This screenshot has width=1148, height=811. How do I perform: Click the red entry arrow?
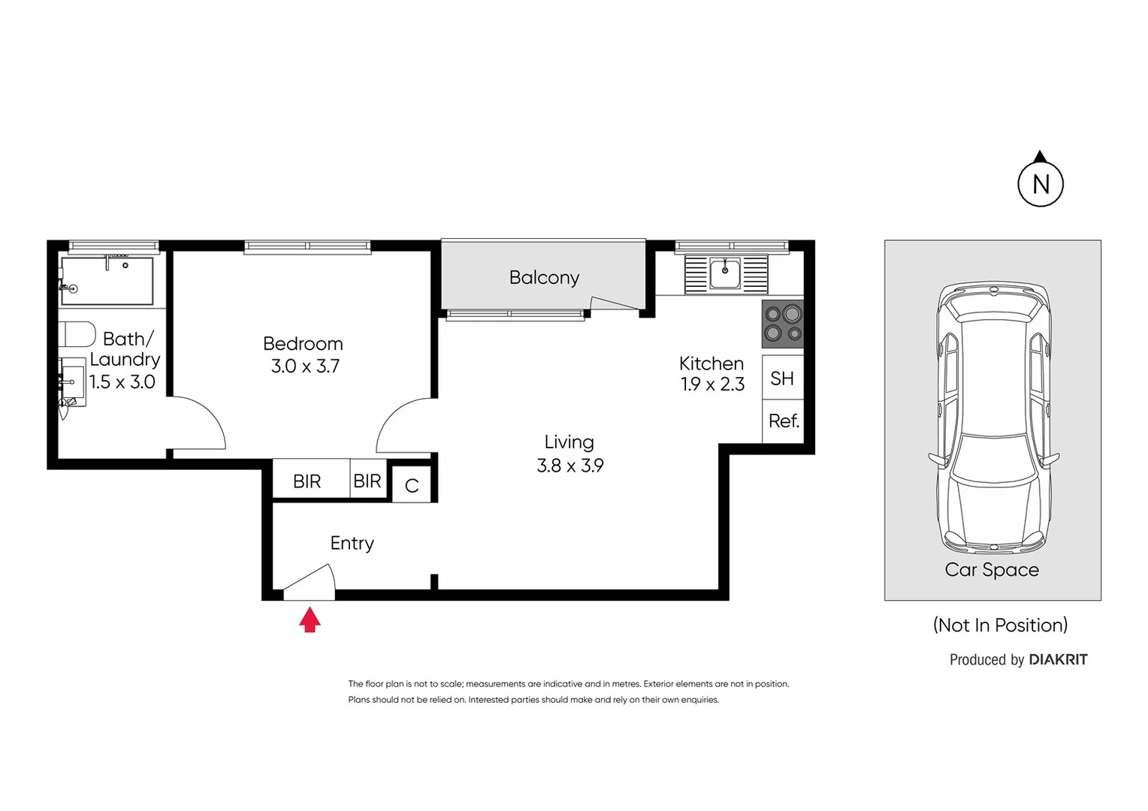(x=310, y=620)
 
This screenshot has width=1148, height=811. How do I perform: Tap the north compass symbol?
(x=1040, y=182)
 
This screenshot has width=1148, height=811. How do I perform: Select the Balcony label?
(x=544, y=278)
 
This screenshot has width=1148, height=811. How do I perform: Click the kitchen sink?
(x=725, y=274)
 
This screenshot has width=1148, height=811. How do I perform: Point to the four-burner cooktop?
(x=783, y=324)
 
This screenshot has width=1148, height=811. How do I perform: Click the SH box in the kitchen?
(x=782, y=378)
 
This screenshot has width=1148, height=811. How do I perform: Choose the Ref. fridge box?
(x=783, y=421)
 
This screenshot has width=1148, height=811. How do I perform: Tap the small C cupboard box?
(x=411, y=485)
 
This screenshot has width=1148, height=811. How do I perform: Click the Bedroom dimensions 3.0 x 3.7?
(x=305, y=366)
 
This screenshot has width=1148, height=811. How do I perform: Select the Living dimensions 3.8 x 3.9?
(x=569, y=466)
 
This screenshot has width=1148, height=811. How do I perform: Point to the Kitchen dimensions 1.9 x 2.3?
(x=711, y=384)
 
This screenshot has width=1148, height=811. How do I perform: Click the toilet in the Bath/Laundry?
(x=77, y=334)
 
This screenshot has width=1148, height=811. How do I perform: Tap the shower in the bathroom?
(x=107, y=281)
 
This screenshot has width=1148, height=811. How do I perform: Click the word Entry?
(x=352, y=543)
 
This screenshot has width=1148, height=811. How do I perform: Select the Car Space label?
(x=991, y=570)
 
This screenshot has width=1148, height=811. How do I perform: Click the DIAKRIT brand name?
(x=1058, y=659)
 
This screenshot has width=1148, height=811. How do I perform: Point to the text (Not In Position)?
(x=1000, y=625)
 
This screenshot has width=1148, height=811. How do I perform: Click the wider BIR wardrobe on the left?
(x=307, y=481)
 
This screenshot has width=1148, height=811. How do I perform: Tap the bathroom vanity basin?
(x=72, y=383)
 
